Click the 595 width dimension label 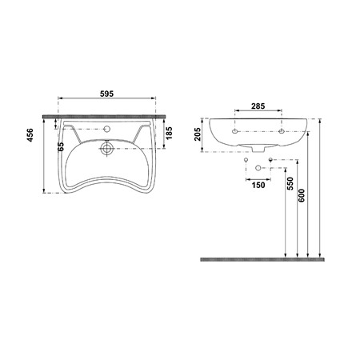click(106, 94)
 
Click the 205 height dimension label click(196, 134)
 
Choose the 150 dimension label click(258, 185)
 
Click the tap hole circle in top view click(106, 130)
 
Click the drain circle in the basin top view click(106, 148)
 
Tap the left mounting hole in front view click(235, 130)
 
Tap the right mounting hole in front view click(282, 130)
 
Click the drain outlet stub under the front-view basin click(258, 150)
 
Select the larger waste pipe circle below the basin click(258, 168)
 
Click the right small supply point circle click(272, 160)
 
